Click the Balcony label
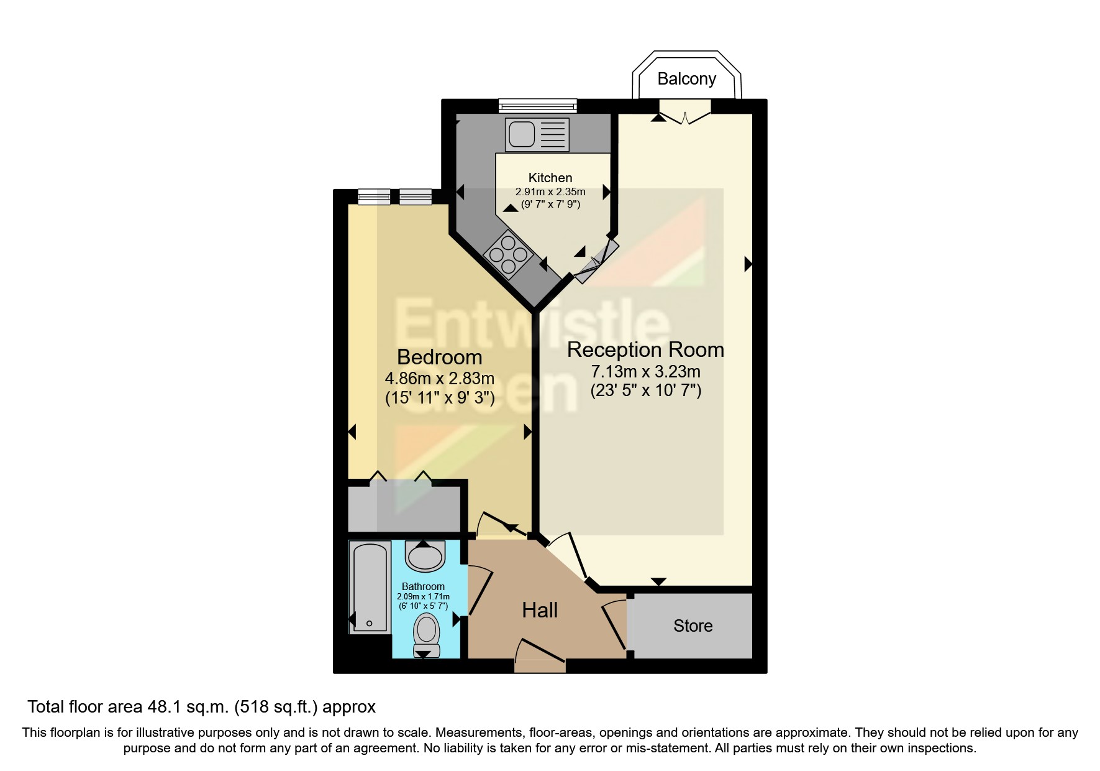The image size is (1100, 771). click(686, 79)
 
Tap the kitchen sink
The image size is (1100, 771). click(537, 134)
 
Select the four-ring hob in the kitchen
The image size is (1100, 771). click(509, 254)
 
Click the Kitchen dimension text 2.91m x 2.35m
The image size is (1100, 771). click(550, 192)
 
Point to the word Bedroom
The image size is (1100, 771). click(439, 357)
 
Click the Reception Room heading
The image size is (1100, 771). click(645, 349)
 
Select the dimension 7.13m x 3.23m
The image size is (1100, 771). click(645, 372)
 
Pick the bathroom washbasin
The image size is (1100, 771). click(425, 556)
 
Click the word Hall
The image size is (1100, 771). click(539, 610)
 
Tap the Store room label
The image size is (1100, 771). click(693, 626)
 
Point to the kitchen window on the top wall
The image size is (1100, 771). click(537, 106)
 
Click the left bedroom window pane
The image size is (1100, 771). click(374, 197)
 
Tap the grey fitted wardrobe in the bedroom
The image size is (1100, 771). click(404, 509)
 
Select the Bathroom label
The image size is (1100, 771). click(423, 586)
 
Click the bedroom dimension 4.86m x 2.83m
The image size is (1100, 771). click(439, 378)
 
